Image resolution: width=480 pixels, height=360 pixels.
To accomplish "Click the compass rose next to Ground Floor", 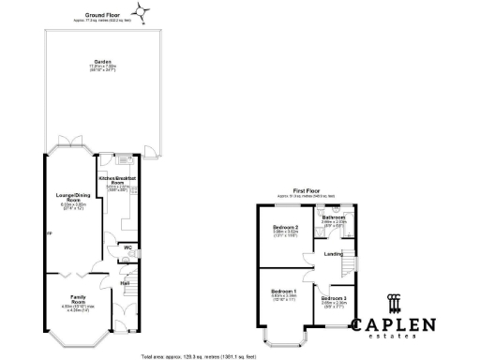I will click(x=142, y=12).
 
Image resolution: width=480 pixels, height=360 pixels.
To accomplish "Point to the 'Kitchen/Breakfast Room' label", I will click(x=119, y=179).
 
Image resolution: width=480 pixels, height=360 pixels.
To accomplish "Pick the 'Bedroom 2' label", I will click(x=285, y=228).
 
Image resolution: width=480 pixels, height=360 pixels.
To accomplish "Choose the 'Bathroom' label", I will click(x=334, y=217).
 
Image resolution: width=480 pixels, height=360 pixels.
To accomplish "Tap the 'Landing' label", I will click(x=332, y=253).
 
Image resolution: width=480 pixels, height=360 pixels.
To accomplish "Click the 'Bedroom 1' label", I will click(x=284, y=292).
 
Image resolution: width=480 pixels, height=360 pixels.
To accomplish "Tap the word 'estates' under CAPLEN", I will click(x=393, y=339).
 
